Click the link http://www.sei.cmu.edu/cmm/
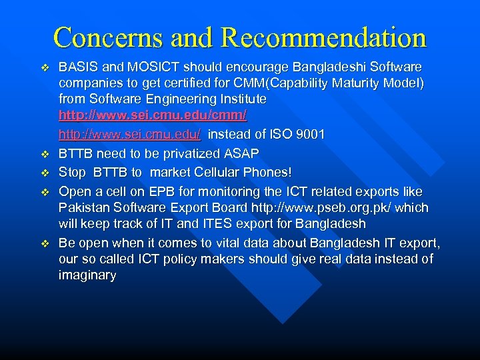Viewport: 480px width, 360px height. [x=153, y=115]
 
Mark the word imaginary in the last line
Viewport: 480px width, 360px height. [x=87, y=275]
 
